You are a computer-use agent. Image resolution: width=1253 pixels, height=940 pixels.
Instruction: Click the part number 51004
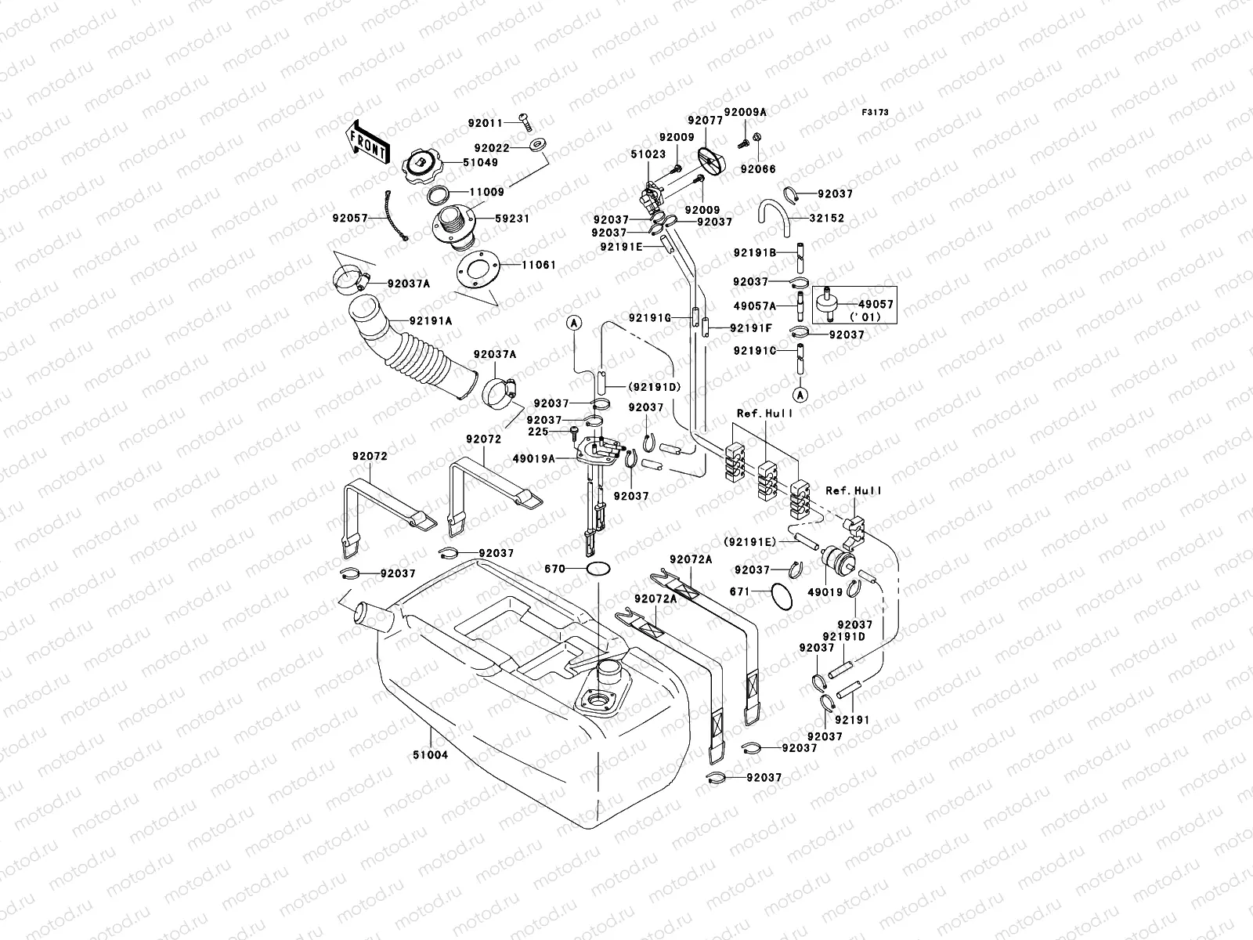(x=431, y=756)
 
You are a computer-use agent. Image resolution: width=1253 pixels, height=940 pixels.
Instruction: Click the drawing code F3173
(x=876, y=113)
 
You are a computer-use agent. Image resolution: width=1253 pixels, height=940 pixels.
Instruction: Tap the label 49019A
(x=535, y=459)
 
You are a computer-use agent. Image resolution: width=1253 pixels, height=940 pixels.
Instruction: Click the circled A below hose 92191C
(x=800, y=393)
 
